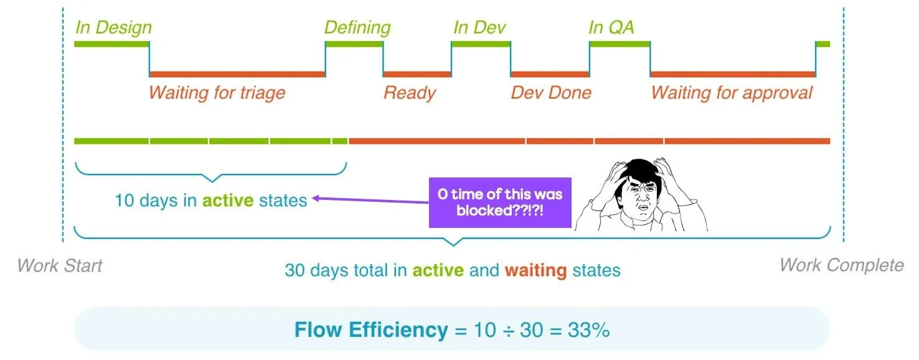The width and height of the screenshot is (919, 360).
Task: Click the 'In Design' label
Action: coord(113,28)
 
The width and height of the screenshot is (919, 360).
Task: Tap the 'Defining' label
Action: coord(357,28)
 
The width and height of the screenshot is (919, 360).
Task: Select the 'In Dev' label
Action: coord(479,28)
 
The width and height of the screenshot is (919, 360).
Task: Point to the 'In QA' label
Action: coord(611,28)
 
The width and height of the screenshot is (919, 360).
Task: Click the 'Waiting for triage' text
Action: coord(217,93)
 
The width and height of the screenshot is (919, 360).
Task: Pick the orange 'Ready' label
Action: coord(410,93)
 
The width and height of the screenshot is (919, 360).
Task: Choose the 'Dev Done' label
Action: coord(551,93)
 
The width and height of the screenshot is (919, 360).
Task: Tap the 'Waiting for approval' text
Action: coord(732,93)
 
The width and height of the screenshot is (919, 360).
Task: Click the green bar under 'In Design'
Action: coord(111,44)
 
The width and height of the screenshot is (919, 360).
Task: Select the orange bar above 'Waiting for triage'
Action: coord(237,74)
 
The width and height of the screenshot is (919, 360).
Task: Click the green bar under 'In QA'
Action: coord(620,44)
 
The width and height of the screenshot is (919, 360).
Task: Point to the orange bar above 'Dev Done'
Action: coord(550,74)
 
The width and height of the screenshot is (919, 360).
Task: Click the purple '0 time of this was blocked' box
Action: coord(500,202)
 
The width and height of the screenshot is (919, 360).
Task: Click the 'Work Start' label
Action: coord(60,266)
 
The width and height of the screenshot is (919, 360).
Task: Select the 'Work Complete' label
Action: coord(841,266)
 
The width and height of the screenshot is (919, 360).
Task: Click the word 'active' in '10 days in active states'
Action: coord(228,201)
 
